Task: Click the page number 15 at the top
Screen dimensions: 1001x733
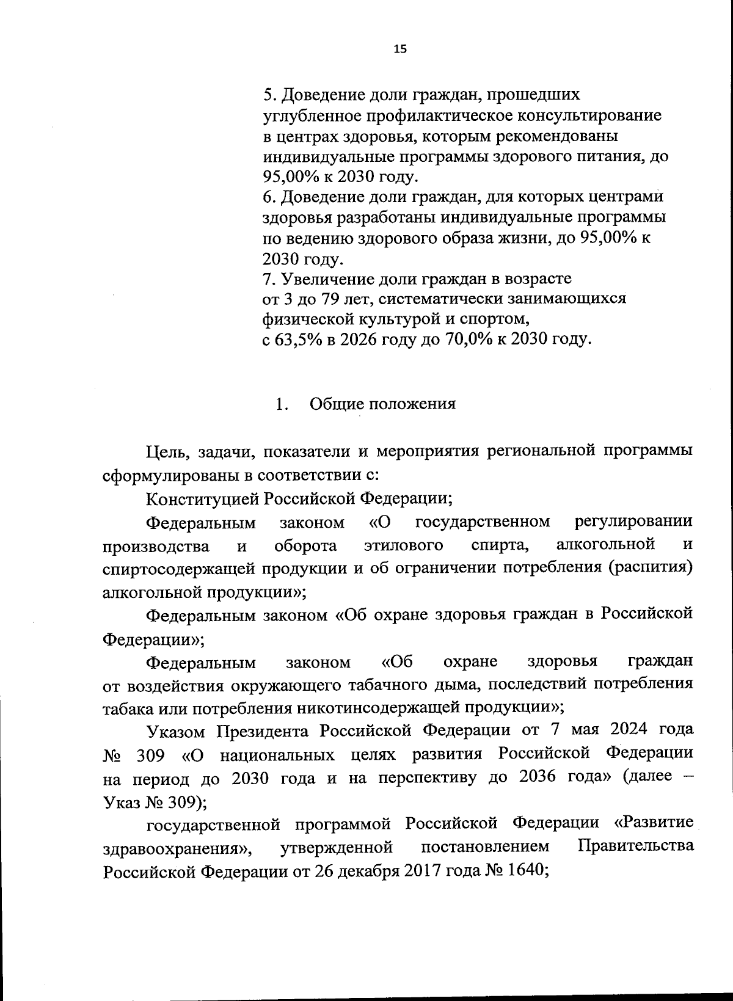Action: [400, 51]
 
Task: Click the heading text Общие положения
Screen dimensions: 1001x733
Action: [382, 404]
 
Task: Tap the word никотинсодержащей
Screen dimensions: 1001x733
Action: [379, 707]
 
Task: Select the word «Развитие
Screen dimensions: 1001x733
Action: [654, 823]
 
